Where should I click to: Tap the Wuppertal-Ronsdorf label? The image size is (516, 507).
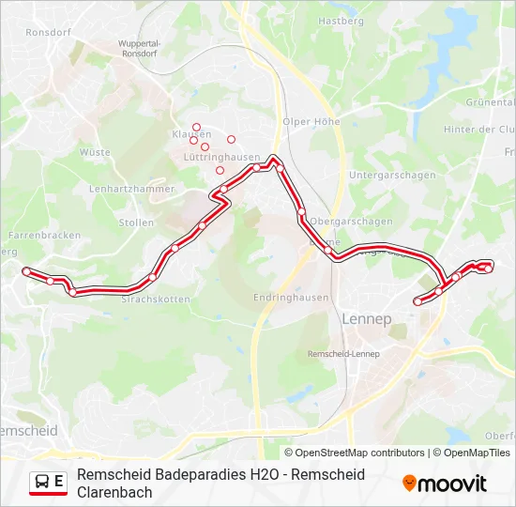tap(141, 48)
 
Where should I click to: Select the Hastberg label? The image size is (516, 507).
tap(340, 21)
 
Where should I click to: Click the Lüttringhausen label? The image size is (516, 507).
tap(215, 158)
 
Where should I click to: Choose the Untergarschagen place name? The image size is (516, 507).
tap(391, 176)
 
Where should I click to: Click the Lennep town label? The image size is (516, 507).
tap(367, 319)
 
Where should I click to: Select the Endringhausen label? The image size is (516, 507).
tap(291, 298)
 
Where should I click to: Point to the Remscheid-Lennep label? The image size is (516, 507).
tap(343, 354)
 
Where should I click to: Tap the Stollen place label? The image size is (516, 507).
tap(137, 223)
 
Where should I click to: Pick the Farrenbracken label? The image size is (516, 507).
tap(43, 235)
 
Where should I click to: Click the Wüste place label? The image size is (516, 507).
tap(95, 151)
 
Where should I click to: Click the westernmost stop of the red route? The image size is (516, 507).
tap(26, 270)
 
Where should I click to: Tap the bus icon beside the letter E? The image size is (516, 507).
tap(42, 483)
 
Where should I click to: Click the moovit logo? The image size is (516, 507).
tap(445, 484)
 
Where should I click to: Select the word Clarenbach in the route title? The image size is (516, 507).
tap(114, 492)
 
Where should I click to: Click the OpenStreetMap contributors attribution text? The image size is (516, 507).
tap(360, 453)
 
